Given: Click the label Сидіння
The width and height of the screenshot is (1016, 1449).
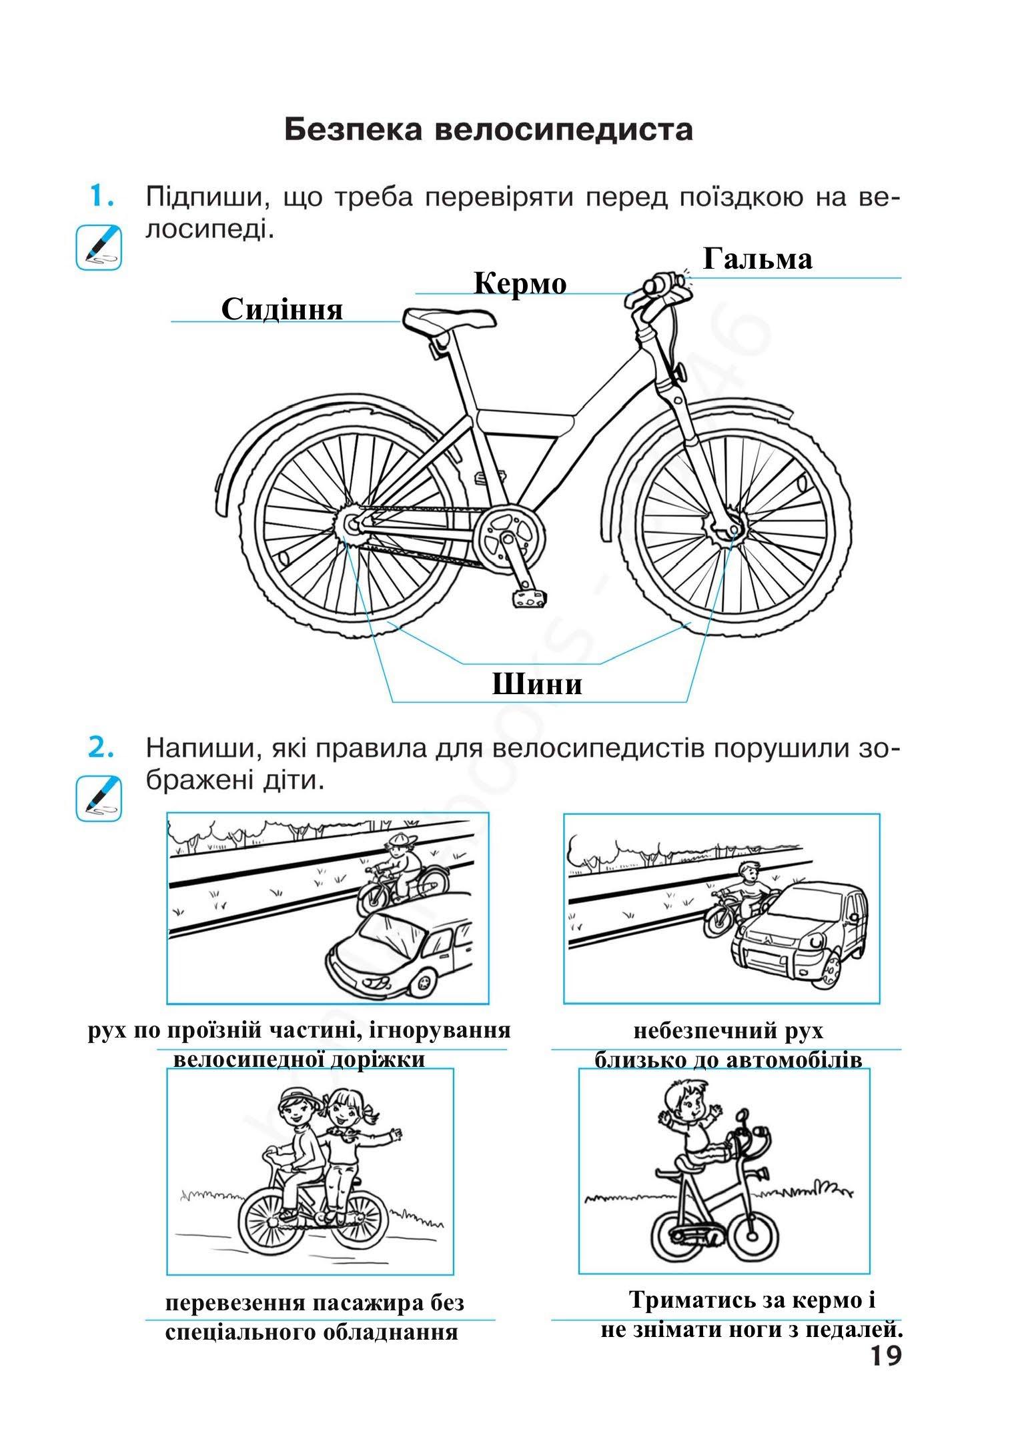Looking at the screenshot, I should tap(282, 309).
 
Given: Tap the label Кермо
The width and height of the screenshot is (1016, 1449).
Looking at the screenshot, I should tap(520, 284).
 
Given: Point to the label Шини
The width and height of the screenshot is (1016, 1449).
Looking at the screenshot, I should tap(537, 684).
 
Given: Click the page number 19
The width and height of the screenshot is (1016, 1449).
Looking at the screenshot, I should tap(885, 1356).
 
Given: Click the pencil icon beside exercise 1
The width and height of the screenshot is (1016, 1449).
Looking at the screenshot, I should tap(99, 247).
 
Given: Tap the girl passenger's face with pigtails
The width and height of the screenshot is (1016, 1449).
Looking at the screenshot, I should tap(344, 1110).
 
